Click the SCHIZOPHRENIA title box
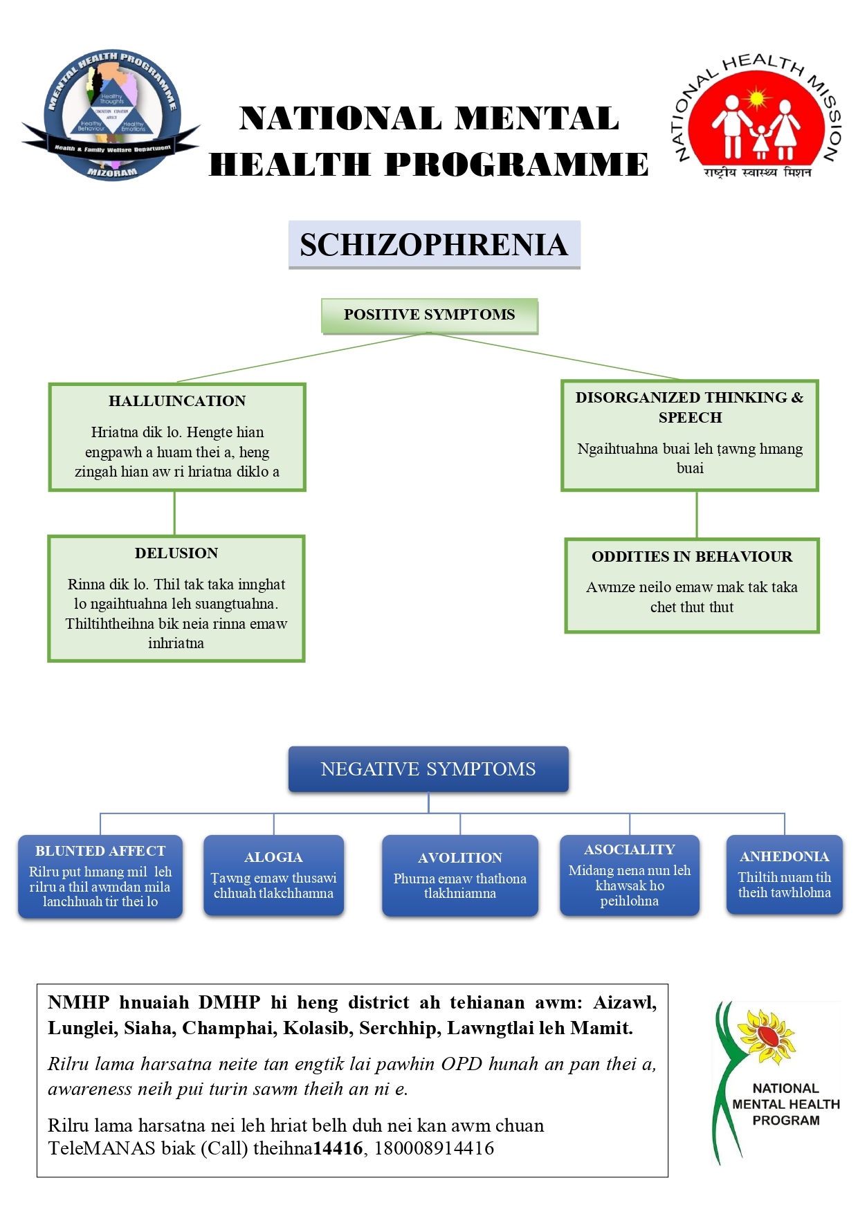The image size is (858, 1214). coord(434,245)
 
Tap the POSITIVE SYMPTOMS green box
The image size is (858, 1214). coord(429,315)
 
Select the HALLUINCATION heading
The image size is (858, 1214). coord(177,401)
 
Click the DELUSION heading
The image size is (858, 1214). coord(176,553)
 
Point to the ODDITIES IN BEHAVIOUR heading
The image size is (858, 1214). coord(692,557)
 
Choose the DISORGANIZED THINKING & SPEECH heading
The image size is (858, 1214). coord(690,407)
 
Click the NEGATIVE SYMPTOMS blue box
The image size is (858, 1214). coord(428,769)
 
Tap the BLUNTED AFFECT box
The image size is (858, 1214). coord(100,876)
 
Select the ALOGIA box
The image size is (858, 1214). coord(273,875)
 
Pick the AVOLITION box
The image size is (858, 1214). coord(460,876)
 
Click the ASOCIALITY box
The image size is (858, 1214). coord(630,875)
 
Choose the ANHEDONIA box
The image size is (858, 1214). coord(784,875)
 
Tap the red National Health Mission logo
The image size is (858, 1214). coord(757,118)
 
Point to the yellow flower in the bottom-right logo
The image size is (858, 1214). coord(766,1036)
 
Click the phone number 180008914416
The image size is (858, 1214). coord(435,1149)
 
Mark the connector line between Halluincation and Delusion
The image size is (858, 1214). coord(174,513)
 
